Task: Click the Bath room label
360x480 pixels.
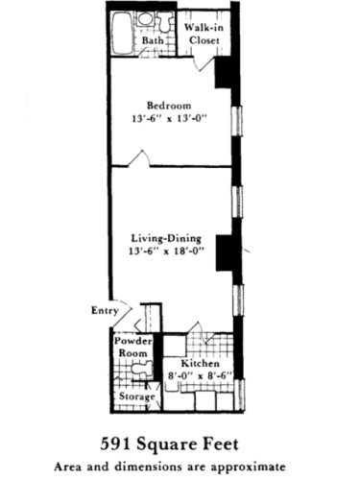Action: [153, 41]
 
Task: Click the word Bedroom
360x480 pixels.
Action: [169, 106]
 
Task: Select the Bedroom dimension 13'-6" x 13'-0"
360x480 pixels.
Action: [169, 119]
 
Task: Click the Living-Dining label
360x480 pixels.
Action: [169, 239]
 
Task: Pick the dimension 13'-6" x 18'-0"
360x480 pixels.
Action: [169, 252]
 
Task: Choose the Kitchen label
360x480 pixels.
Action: [199, 365]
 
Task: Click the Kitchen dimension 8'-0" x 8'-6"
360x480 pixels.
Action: [199, 377]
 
